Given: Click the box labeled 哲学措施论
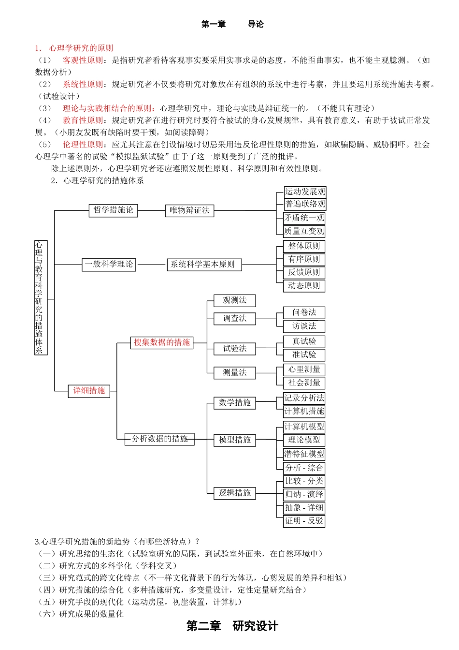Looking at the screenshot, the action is (114, 210).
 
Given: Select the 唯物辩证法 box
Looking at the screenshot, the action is (189, 210).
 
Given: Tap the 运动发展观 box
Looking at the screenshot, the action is (305, 192).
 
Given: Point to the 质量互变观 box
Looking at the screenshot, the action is (304, 231).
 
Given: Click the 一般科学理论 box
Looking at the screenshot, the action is (109, 265).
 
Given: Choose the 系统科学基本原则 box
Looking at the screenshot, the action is (203, 265).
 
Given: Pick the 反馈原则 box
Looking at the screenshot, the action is (304, 272).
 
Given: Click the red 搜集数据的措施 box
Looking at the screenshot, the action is (162, 342).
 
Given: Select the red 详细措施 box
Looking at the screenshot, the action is (89, 391).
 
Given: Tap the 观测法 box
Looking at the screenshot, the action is (235, 300).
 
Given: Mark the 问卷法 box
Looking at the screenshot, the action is (304, 312).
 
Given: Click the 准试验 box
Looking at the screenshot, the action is (304, 355).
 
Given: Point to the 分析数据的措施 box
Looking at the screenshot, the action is (159, 439).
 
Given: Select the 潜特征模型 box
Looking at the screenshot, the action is (304, 454).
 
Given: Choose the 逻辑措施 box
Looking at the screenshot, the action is (235, 493).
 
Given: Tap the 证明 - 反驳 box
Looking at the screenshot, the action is (304, 521).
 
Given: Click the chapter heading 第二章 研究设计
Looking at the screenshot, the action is (232, 626).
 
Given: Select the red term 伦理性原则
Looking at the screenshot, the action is (83, 145).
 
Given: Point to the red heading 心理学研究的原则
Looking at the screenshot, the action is (81, 48).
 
